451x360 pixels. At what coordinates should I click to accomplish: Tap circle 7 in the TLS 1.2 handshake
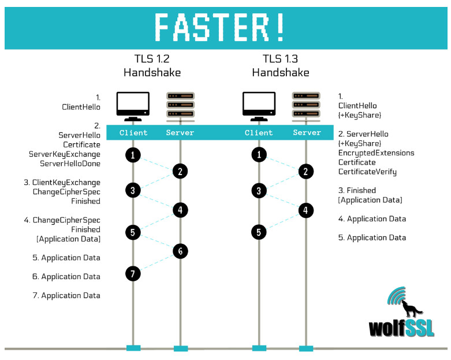(133, 274)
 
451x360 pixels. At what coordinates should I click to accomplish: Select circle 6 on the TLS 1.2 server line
(180, 251)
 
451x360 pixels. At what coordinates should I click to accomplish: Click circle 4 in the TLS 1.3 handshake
(306, 210)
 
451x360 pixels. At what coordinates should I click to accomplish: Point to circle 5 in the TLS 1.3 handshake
(259, 232)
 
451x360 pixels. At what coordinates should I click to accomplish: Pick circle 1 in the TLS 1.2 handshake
(133, 155)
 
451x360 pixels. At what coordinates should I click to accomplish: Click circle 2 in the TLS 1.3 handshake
(306, 171)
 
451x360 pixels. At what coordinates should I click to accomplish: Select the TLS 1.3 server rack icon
(306, 105)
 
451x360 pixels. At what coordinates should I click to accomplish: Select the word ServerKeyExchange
(65, 154)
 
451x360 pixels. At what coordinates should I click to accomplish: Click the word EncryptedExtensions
(376, 153)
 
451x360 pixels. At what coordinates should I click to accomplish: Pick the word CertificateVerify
(367, 172)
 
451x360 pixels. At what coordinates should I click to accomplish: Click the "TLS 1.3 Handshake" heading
(281, 65)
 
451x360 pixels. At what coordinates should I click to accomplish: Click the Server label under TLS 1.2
(180, 133)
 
